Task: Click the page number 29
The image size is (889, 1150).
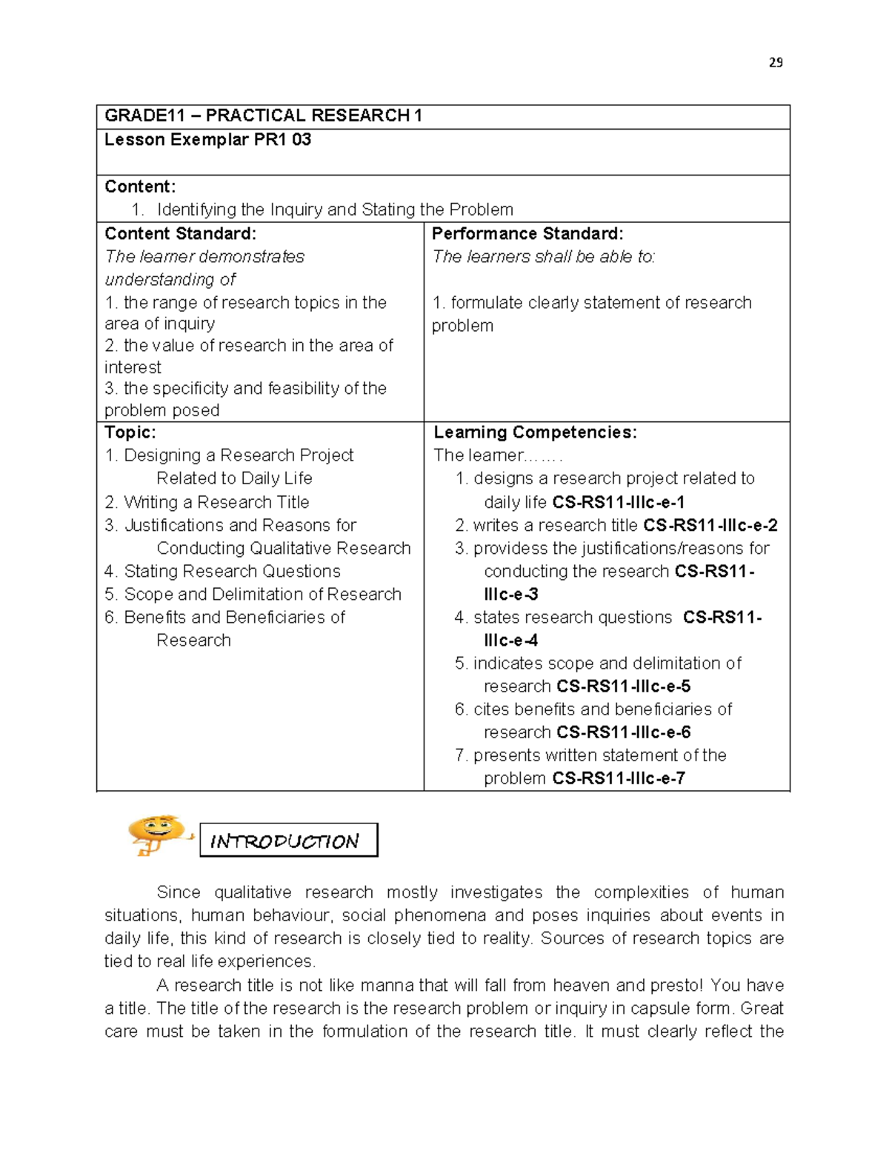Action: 776,63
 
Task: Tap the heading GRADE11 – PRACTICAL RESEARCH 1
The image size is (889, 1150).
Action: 263,116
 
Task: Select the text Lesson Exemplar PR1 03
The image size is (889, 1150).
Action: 207,140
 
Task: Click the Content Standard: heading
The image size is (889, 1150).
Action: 180,234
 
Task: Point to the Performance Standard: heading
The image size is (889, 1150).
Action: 527,234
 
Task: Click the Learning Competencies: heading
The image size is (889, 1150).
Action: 535,432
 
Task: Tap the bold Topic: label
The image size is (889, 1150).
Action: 130,432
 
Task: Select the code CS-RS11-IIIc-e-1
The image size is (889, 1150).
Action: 619,503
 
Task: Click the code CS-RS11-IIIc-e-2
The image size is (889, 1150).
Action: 710,526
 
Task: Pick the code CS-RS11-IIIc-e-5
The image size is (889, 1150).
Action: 624,686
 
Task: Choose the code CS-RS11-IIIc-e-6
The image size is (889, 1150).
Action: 624,732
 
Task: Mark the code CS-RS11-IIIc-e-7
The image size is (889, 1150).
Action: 619,778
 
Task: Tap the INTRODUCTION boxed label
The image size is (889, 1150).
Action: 288,840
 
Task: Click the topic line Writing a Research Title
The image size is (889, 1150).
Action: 216,503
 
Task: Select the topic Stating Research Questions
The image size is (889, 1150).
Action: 232,572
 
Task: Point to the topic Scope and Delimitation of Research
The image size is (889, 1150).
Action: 262,595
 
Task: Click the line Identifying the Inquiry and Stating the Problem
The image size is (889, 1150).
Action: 335,210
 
